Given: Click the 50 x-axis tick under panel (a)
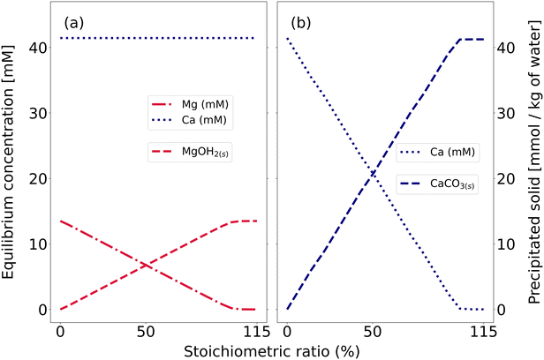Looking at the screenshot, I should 146,331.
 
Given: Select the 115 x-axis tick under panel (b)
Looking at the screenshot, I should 481,331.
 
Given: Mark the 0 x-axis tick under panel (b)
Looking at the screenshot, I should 287,331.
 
